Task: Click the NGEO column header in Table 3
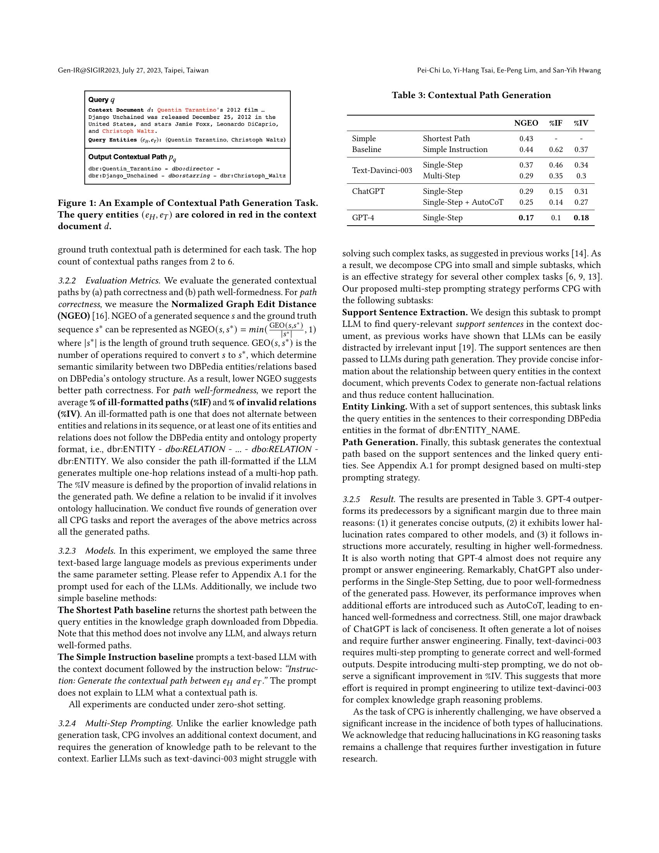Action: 526,123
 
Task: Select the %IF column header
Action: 555,123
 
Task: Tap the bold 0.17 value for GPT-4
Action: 526,218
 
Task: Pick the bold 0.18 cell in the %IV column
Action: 581,218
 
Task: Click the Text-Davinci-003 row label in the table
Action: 382,170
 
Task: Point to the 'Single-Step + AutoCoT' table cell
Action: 463,202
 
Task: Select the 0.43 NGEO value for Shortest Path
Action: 526,139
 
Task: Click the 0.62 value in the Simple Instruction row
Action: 555,150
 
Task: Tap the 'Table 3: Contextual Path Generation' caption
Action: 471,95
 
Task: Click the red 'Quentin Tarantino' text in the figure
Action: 186,110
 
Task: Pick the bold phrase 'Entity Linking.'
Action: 374,407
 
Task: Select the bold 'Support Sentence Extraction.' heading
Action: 405,313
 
